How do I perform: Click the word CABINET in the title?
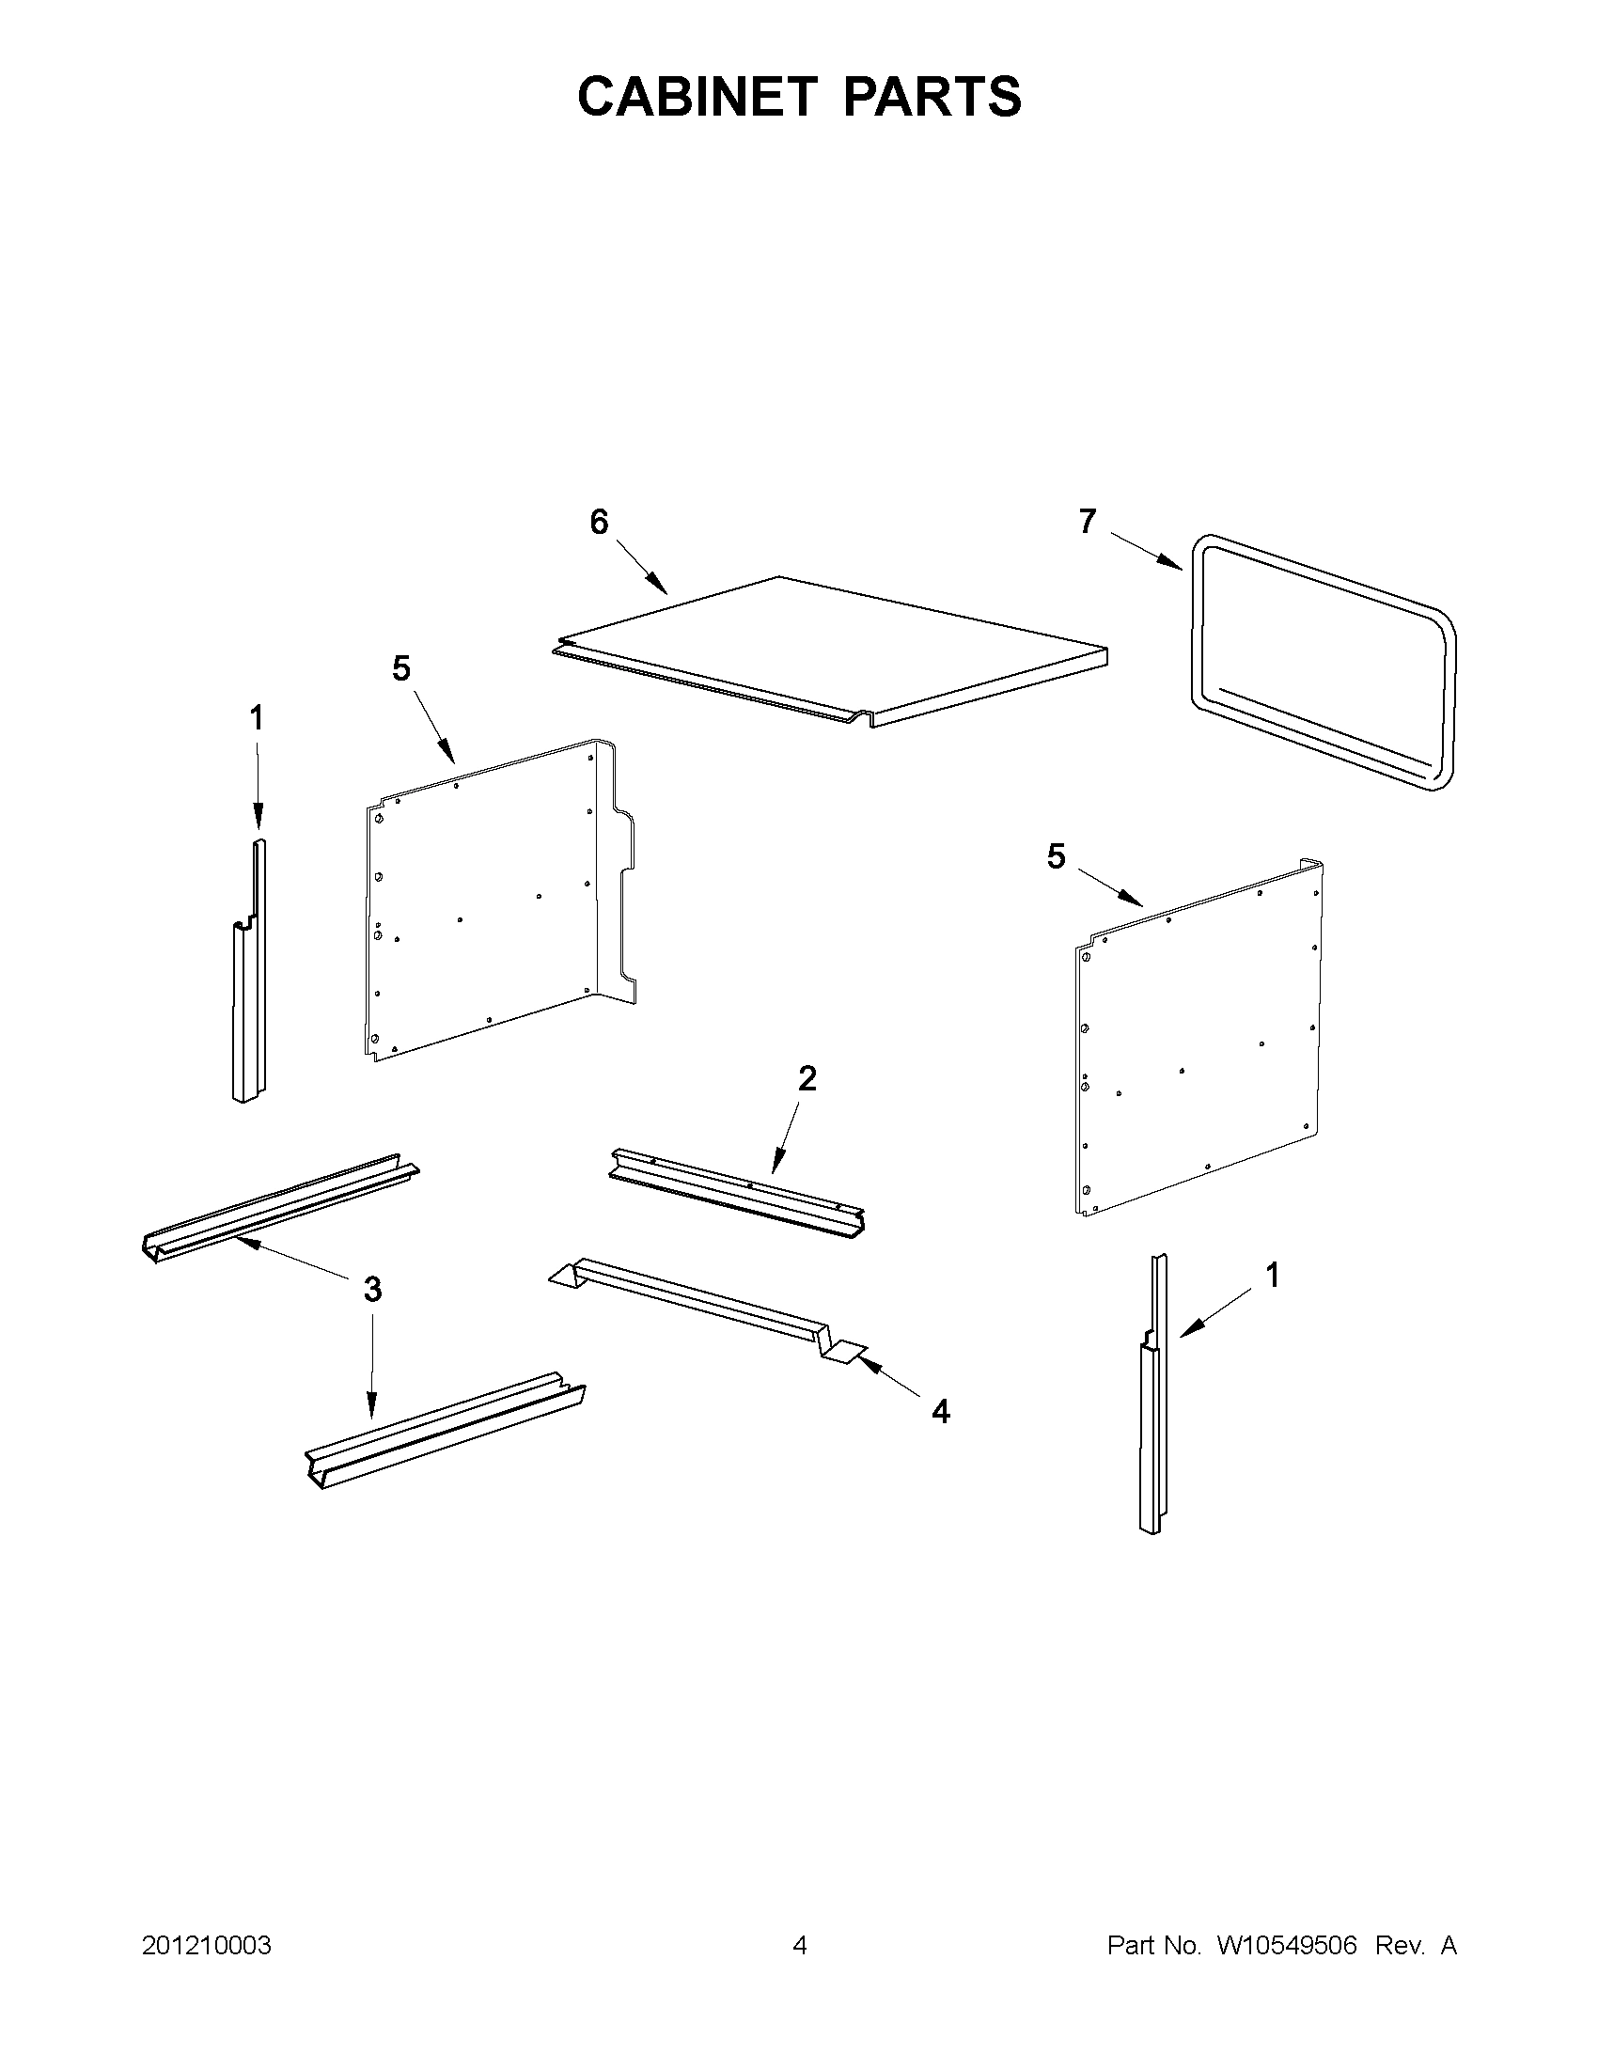697,97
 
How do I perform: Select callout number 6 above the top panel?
599,522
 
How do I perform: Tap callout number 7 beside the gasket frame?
1088,521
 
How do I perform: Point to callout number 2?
807,1078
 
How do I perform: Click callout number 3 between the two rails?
372,1289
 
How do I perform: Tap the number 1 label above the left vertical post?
257,718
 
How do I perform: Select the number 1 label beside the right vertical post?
1273,1275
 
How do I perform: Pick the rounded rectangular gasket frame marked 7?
1323,663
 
